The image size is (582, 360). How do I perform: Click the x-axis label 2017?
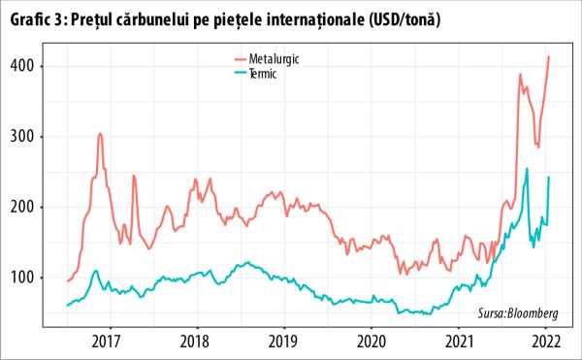click(107, 341)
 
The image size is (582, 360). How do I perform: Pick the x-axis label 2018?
click(195, 341)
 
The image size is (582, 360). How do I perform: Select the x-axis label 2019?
click(282, 341)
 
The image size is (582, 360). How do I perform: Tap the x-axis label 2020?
click(371, 341)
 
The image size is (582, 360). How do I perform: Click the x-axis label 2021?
click(459, 341)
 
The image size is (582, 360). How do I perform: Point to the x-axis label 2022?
click(546, 341)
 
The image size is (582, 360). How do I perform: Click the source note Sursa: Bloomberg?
click(519, 313)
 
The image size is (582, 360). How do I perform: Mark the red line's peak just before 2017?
click(100, 133)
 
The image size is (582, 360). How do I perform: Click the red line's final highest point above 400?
click(549, 56)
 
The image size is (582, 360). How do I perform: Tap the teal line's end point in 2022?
click(549, 177)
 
